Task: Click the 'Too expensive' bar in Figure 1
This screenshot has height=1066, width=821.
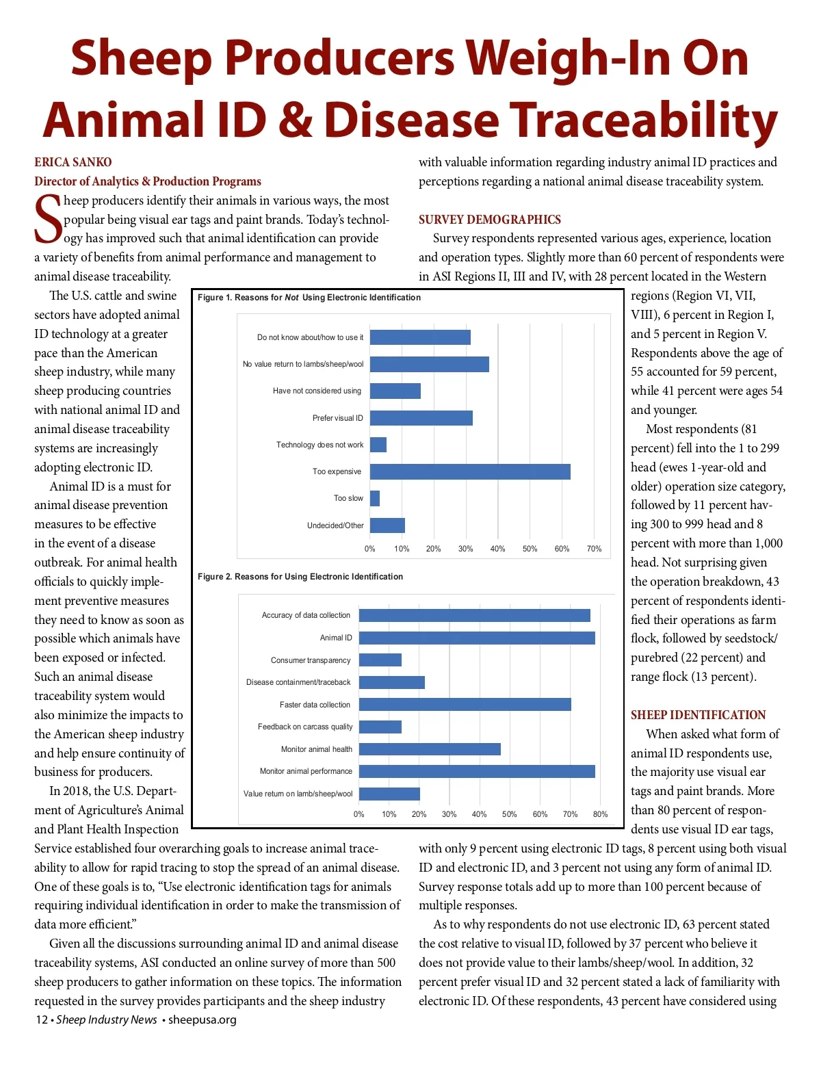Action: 470,471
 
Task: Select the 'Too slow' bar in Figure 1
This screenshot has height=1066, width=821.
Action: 375,498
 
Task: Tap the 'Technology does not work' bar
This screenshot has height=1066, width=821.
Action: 378,445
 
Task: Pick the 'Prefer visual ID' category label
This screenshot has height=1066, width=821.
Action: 338,418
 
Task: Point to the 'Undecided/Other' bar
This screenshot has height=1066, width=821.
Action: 387,525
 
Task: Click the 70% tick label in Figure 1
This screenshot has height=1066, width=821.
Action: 594,549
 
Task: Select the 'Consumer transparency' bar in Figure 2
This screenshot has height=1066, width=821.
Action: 380,660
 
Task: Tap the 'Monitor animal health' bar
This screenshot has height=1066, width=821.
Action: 430,749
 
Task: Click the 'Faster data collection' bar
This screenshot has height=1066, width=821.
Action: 465,705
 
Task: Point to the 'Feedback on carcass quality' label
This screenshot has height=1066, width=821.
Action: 305,727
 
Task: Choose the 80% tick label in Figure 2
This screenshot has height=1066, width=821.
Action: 600,814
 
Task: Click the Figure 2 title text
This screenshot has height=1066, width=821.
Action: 300,577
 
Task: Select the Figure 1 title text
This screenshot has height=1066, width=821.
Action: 309,298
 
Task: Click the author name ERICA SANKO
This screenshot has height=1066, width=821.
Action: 73,162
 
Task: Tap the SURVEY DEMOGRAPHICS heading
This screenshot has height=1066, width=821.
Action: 490,220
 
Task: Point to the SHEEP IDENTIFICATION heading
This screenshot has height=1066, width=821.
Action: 698,715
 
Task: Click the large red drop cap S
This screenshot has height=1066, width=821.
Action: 48,219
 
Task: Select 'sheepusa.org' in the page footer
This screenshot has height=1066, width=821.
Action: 203,1019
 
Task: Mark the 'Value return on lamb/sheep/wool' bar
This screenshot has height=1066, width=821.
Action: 389,794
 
